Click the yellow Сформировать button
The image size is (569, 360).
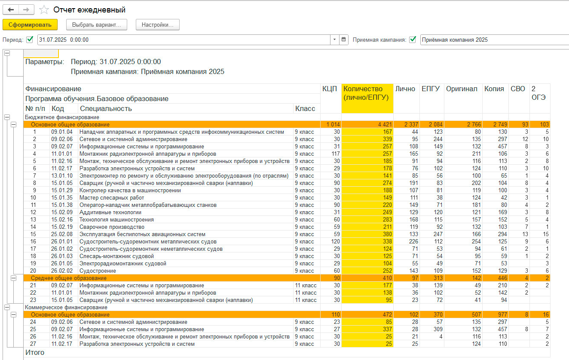pyautogui.click(x=30, y=25)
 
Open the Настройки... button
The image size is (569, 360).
pyautogui.click(x=157, y=25)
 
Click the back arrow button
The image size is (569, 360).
pyautogui.click(x=11, y=9)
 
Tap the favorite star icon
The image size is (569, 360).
pyautogui.click(x=44, y=9)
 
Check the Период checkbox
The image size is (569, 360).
pyautogui.click(x=30, y=40)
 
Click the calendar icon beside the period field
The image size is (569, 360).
pyautogui.click(x=343, y=40)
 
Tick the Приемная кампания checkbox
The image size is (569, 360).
pyautogui.click(x=413, y=40)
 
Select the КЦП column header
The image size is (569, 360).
pyautogui.click(x=330, y=89)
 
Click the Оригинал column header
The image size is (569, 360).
pyautogui.click(x=462, y=89)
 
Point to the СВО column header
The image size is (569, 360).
pyautogui.click(x=518, y=89)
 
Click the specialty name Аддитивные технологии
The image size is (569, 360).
pyautogui.click(x=110, y=212)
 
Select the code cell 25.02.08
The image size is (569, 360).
pyautogui.click(x=62, y=234)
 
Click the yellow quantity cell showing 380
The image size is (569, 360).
pyautogui.click(x=387, y=234)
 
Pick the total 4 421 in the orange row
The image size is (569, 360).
pyautogui.click(x=385, y=125)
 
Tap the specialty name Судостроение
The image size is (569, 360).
pyautogui.click(x=98, y=271)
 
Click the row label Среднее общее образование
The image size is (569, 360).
pyautogui.click(x=69, y=278)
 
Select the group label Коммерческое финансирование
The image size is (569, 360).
pyautogui.click(x=66, y=308)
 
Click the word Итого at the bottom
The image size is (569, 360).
pyautogui.click(x=35, y=352)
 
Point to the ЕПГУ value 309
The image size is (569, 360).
pyautogui.click(x=438, y=329)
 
